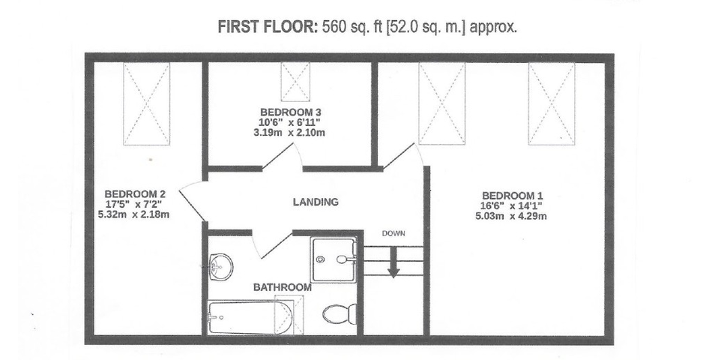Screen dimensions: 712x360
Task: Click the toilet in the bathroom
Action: (x=340, y=313)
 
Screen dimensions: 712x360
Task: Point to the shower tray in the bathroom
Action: (x=334, y=259)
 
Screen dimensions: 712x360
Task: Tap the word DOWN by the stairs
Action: (x=393, y=234)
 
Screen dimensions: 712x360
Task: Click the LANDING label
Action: (x=316, y=202)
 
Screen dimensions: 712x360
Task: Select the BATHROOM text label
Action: (x=283, y=287)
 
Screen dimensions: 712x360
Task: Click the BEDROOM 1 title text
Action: (x=512, y=196)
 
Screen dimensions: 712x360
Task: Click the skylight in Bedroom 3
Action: (x=295, y=82)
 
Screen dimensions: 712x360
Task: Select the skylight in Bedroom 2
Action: (x=147, y=103)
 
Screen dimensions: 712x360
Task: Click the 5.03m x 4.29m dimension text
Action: (x=511, y=216)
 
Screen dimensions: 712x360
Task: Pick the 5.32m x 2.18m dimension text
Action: (x=133, y=214)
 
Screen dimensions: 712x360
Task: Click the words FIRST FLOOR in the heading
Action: (x=268, y=27)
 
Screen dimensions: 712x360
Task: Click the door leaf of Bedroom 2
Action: (x=190, y=206)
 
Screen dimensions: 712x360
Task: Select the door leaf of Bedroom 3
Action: (x=277, y=157)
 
